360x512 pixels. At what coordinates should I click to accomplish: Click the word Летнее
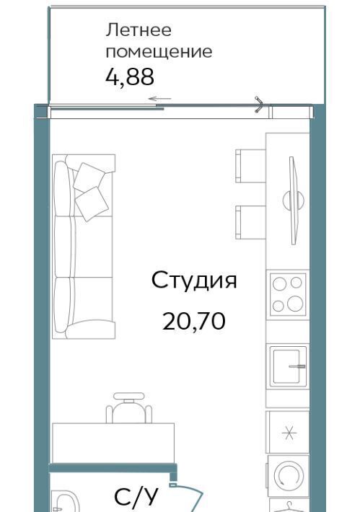(x=139, y=30)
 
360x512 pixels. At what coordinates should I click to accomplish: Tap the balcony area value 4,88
(x=130, y=77)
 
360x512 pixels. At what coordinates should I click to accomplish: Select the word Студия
(x=194, y=281)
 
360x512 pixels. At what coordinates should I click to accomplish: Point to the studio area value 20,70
(x=194, y=321)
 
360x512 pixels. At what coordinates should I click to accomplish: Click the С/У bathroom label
(x=136, y=497)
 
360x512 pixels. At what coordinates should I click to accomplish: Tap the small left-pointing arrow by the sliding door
(x=159, y=99)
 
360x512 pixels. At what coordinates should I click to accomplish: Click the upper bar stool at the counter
(x=250, y=166)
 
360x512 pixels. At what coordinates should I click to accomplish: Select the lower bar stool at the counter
(x=250, y=222)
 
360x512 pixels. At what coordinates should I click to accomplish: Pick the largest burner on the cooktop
(x=295, y=304)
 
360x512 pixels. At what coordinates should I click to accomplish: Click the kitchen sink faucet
(x=297, y=366)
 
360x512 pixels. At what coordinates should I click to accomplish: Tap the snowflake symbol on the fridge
(x=289, y=433)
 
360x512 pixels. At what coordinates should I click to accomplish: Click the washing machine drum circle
(x=289, y=475)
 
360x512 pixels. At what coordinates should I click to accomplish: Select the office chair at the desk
(x=129, y=408)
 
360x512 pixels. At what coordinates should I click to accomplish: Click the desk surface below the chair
(x=113, y=443)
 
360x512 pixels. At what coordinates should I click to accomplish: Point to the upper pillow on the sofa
(x=89, y=177)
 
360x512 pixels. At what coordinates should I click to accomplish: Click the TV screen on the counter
(x=294, y=200)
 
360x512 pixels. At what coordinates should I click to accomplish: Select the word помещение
(x=159, y=52)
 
